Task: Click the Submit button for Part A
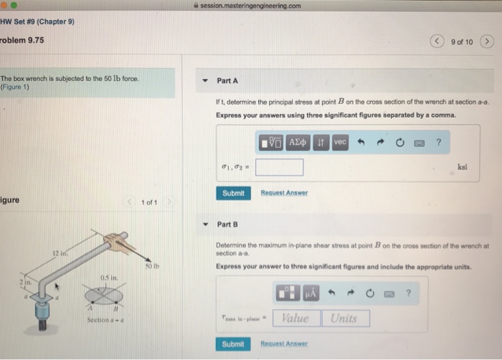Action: tap(234, 193)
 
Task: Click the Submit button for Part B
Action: tap(234, 344)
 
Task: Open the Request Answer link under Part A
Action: tap(284, 193)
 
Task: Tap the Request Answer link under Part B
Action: tap(284, 344)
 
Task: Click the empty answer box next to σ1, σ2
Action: tap(279, 167)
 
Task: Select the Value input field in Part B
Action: tap(295, 318)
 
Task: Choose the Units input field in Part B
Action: tap(345, 318)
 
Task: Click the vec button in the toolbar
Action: tap(340, 143)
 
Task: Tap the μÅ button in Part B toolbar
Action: tap(311, 293)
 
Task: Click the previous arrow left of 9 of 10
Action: tap(439, 41)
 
